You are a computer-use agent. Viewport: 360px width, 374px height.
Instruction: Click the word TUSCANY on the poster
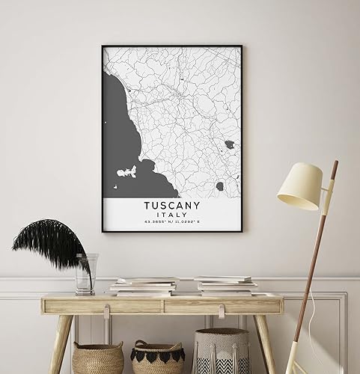tap(171, 203)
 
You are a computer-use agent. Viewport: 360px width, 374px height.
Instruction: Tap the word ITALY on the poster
tap(171, 212)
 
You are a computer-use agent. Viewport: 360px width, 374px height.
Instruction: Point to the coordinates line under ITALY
tap(171, 221)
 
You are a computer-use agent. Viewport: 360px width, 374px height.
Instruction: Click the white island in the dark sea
tap(126, 174)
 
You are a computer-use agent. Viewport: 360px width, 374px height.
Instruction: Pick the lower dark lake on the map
tap(221, 186)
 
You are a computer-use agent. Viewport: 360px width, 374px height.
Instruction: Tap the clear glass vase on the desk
tap(85, 274)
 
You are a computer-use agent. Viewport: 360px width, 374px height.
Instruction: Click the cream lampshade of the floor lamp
tap(299, 187)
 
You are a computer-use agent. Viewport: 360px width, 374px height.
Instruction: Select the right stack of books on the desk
tap(225, 285)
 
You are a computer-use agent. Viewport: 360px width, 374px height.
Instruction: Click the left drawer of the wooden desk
tap(105, 306)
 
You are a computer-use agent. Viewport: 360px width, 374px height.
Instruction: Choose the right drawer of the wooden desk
tap(222, 305)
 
